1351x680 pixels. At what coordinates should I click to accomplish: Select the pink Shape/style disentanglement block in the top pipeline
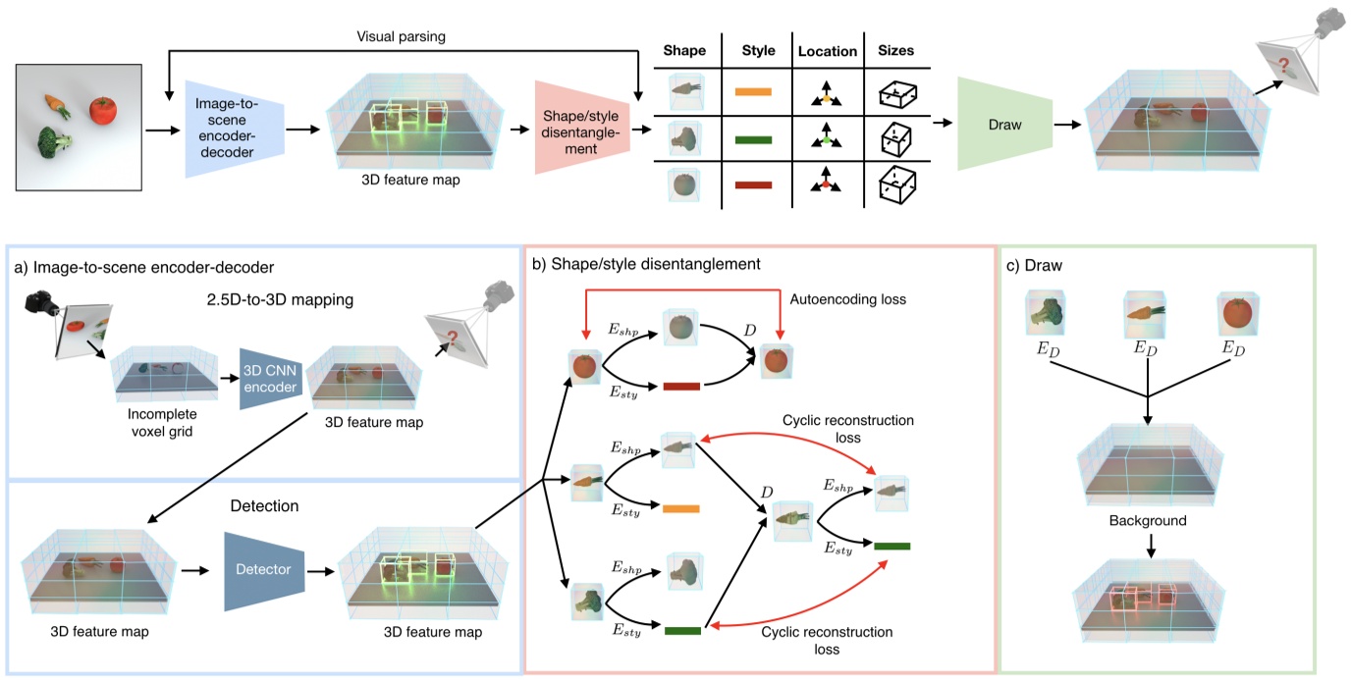pos(580,128)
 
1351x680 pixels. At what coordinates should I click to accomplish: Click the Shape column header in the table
pos(684,51)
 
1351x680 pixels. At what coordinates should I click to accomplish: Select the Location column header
pos(827,51)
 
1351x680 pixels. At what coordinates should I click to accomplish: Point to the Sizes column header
pos(897,51)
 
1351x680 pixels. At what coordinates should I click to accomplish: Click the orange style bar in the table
pos(754,92)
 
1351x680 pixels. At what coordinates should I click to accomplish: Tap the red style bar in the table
pos(754,183)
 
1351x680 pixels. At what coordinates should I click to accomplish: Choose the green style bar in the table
pos(754,139)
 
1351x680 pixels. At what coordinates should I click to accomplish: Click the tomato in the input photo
pos(103,111)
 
